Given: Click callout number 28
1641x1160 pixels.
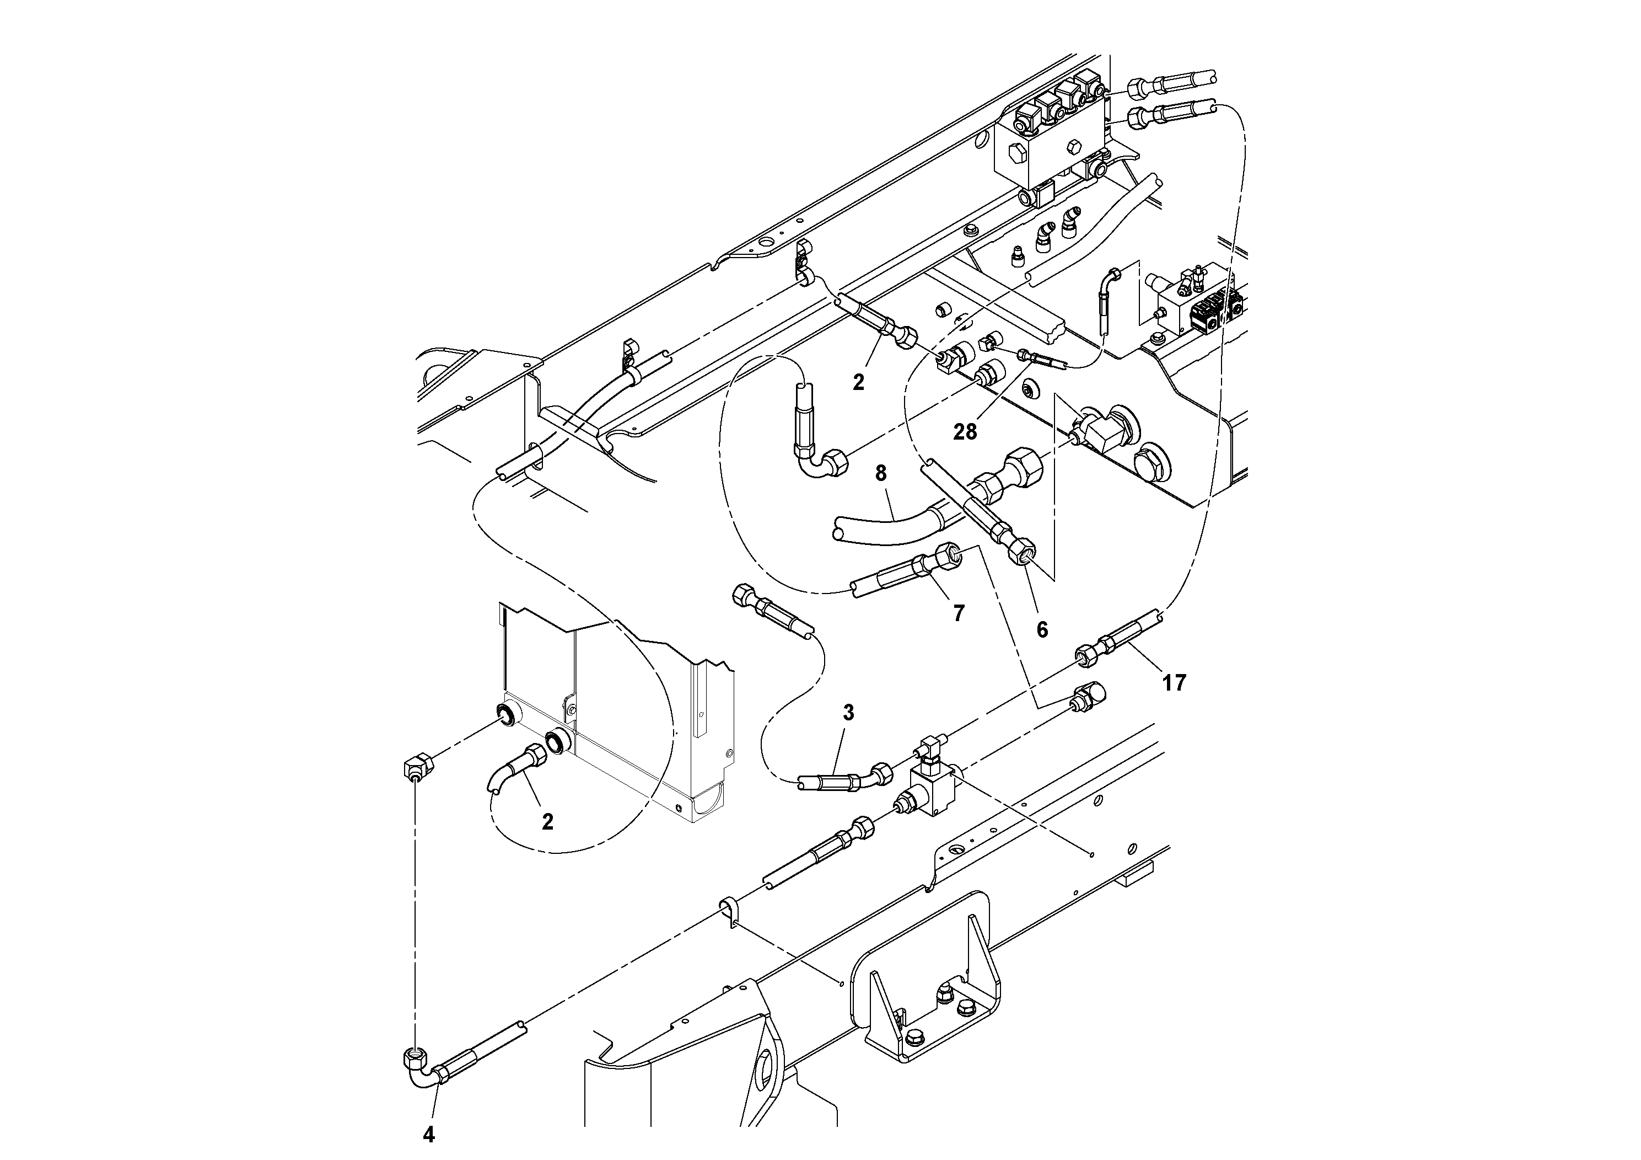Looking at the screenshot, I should point(964,432).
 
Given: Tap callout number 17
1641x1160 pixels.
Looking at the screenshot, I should point(1174,683).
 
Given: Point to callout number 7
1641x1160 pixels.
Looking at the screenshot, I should point(959,612).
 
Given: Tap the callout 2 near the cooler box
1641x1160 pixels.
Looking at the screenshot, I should point(547,822).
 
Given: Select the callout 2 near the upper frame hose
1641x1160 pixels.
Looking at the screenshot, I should point(858,382).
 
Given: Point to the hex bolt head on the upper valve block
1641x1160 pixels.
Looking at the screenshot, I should point(1015,152).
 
